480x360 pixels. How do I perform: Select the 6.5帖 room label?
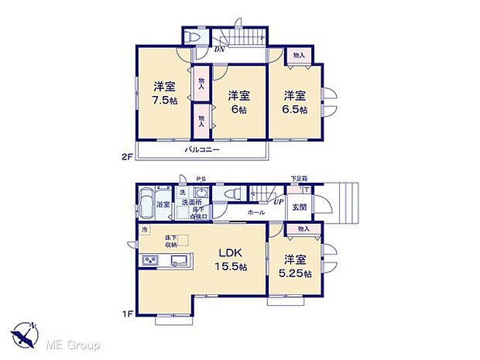click(293, 103)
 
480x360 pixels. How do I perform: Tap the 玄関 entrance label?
click(298, 207)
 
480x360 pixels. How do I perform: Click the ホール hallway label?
click(256, 212)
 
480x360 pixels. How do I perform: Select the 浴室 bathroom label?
click(163, 205)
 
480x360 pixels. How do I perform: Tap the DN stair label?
click(220, 49)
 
